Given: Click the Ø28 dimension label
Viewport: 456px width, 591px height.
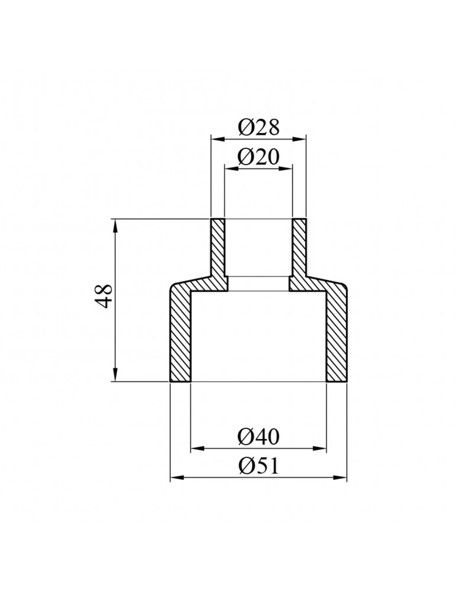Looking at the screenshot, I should point(258,126).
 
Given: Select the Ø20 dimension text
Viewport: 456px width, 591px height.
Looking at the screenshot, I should point(258,157).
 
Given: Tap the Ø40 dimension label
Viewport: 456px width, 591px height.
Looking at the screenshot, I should point(258,437).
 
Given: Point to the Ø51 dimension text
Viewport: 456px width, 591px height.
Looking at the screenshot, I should point(258,466).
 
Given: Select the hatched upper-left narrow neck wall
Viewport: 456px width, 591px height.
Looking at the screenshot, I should point(218,248).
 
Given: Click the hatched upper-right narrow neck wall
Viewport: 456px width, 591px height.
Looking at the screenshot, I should point(299,248).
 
